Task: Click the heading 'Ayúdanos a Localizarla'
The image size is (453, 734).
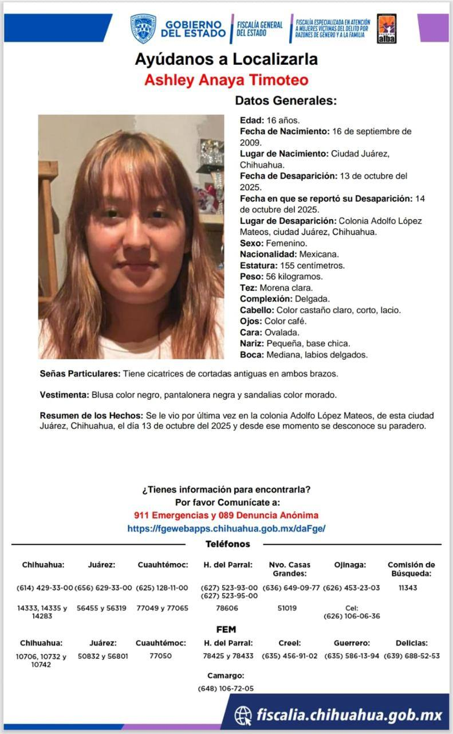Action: (226, 59)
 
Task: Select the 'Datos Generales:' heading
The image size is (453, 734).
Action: (285, 101)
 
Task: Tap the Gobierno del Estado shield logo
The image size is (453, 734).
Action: (143, 29)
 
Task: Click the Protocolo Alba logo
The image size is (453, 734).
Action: (387, 29)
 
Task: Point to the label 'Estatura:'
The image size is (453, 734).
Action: (258, 266)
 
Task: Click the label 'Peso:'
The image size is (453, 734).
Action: (251, 277)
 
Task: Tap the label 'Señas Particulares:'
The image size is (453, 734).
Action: (80, 374)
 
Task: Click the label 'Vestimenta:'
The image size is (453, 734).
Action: (64, 396)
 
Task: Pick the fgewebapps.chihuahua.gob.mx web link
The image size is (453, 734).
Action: (226, 529)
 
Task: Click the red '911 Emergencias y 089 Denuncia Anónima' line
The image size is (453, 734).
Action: (226, 516)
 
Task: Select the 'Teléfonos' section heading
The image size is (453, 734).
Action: (227, 544)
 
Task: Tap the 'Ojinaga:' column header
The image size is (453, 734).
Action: (350, 565)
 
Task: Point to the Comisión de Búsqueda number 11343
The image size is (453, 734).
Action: (407, 588)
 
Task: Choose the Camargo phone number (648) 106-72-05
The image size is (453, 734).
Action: (226, 689)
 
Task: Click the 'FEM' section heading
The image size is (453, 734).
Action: (226, 630)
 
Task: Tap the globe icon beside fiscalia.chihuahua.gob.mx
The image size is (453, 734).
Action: (243, 715)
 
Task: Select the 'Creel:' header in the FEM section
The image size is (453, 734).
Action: (289, 643)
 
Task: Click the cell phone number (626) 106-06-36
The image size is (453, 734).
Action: (352, 616)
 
